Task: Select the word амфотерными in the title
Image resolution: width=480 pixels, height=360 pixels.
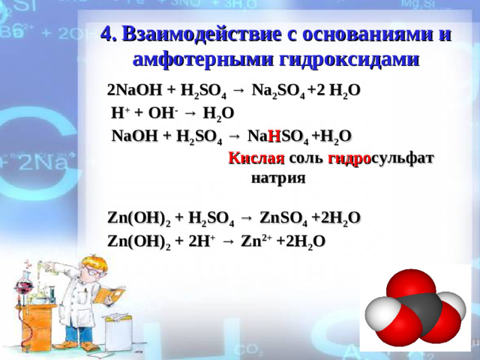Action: [199, 60]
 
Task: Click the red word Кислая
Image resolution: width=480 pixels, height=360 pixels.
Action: [256, 158]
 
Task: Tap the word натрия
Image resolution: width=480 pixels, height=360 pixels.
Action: [278, 179]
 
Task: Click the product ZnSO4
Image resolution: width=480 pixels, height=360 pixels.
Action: [283, 218]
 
